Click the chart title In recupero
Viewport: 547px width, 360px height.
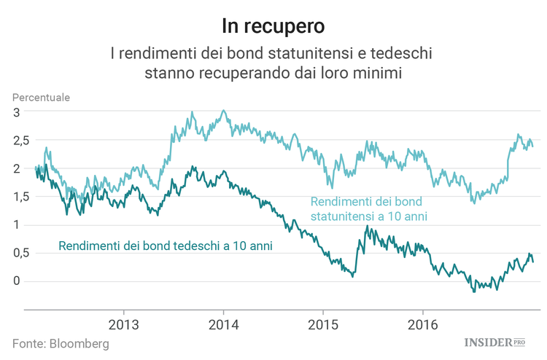273,26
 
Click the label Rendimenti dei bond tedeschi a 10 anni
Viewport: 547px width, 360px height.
166,246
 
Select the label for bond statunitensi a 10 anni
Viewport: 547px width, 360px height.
368,209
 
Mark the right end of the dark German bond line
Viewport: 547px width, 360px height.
533,262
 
